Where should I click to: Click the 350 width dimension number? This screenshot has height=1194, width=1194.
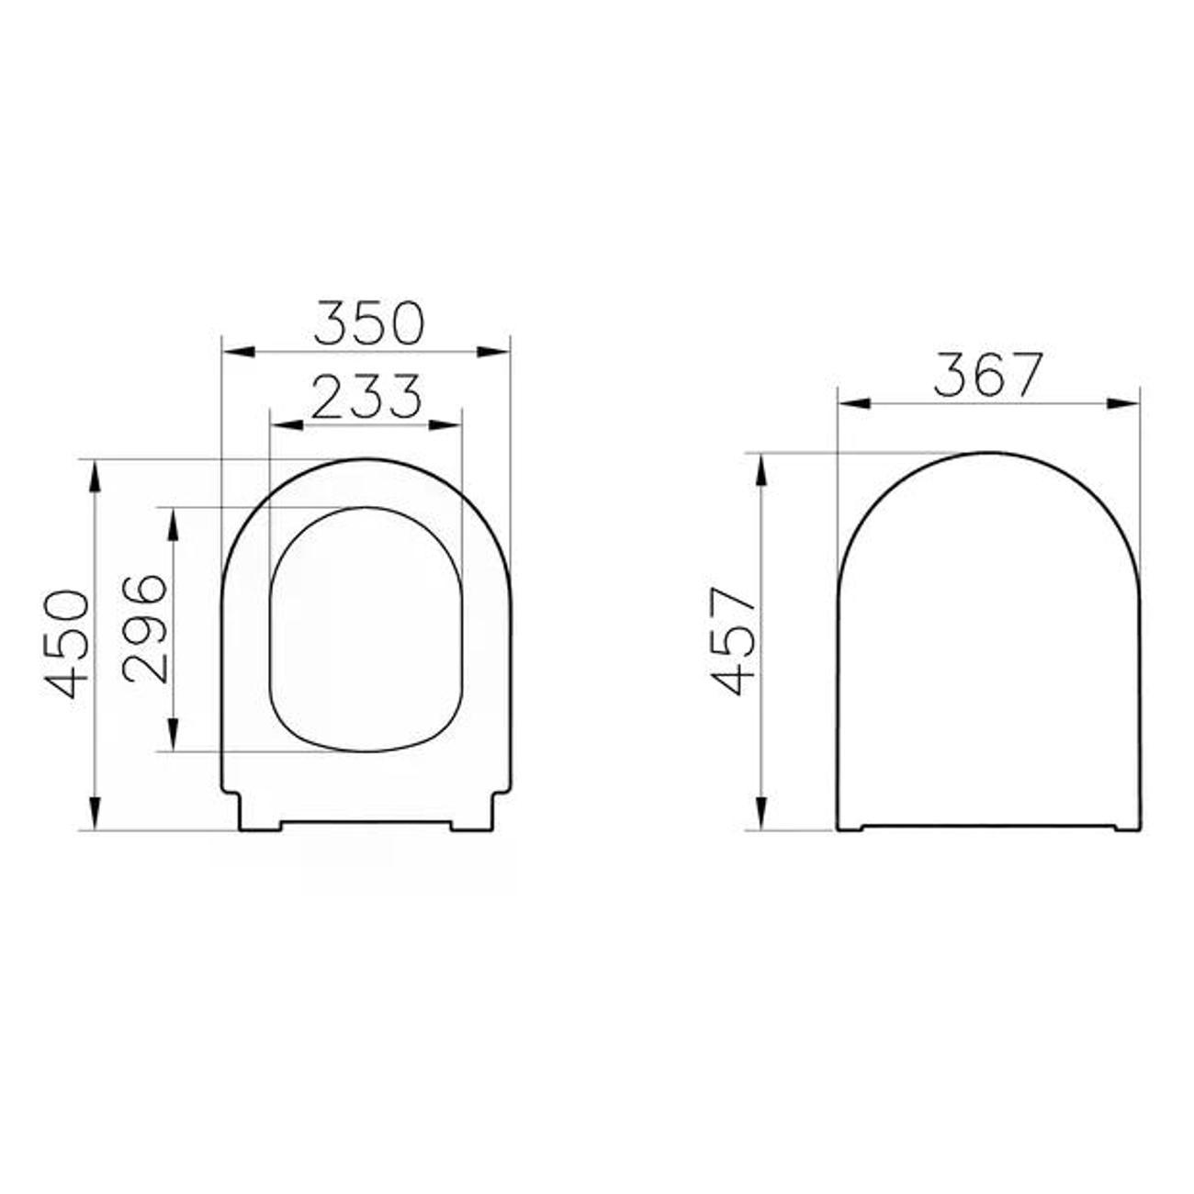coord(368,322)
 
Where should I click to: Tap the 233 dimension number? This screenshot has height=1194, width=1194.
coord(366,396)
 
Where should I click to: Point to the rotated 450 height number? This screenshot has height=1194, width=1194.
coord(66,645)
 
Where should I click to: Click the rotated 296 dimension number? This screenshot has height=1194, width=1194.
coord(145,629)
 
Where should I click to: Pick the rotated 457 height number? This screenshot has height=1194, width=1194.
coord(734,641)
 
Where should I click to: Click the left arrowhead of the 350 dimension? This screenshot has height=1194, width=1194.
coord(239,352)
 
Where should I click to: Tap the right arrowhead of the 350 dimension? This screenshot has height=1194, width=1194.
coord(493,352)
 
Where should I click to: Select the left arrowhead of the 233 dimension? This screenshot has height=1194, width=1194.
coord(287,425)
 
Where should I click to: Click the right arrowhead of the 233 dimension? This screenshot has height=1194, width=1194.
coord(445,425)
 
